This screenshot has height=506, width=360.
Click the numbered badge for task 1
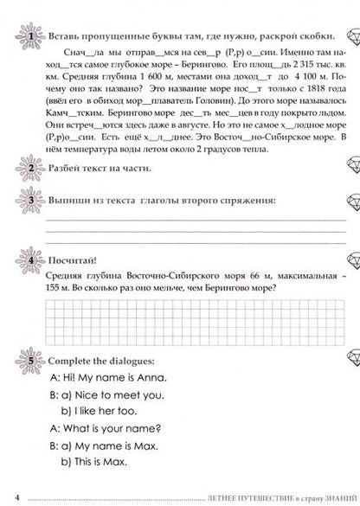point(30,36)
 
